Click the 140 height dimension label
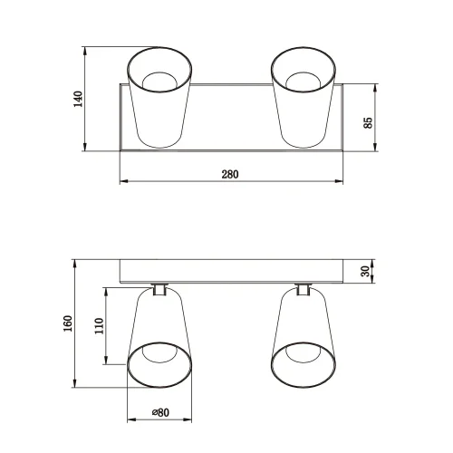[x=79, y=98]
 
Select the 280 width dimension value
[x=230, y=175]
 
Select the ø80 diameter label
[x=159, y=412]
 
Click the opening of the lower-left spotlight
[x=159, y=364]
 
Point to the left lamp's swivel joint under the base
[x=159, y=289]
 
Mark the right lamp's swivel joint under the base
[x=304, y=289]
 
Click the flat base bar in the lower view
[x=230, y=271]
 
